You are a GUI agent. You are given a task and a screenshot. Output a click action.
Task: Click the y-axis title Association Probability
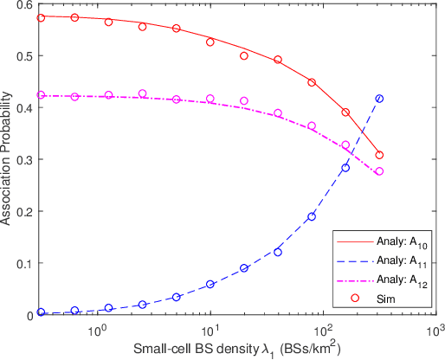point(8,159)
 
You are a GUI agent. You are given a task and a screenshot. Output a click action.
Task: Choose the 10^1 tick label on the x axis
point(210,330)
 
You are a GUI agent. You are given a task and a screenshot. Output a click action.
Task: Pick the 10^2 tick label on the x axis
point(323,330)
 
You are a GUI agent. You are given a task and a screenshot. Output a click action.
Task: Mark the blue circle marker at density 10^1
point(210,284)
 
